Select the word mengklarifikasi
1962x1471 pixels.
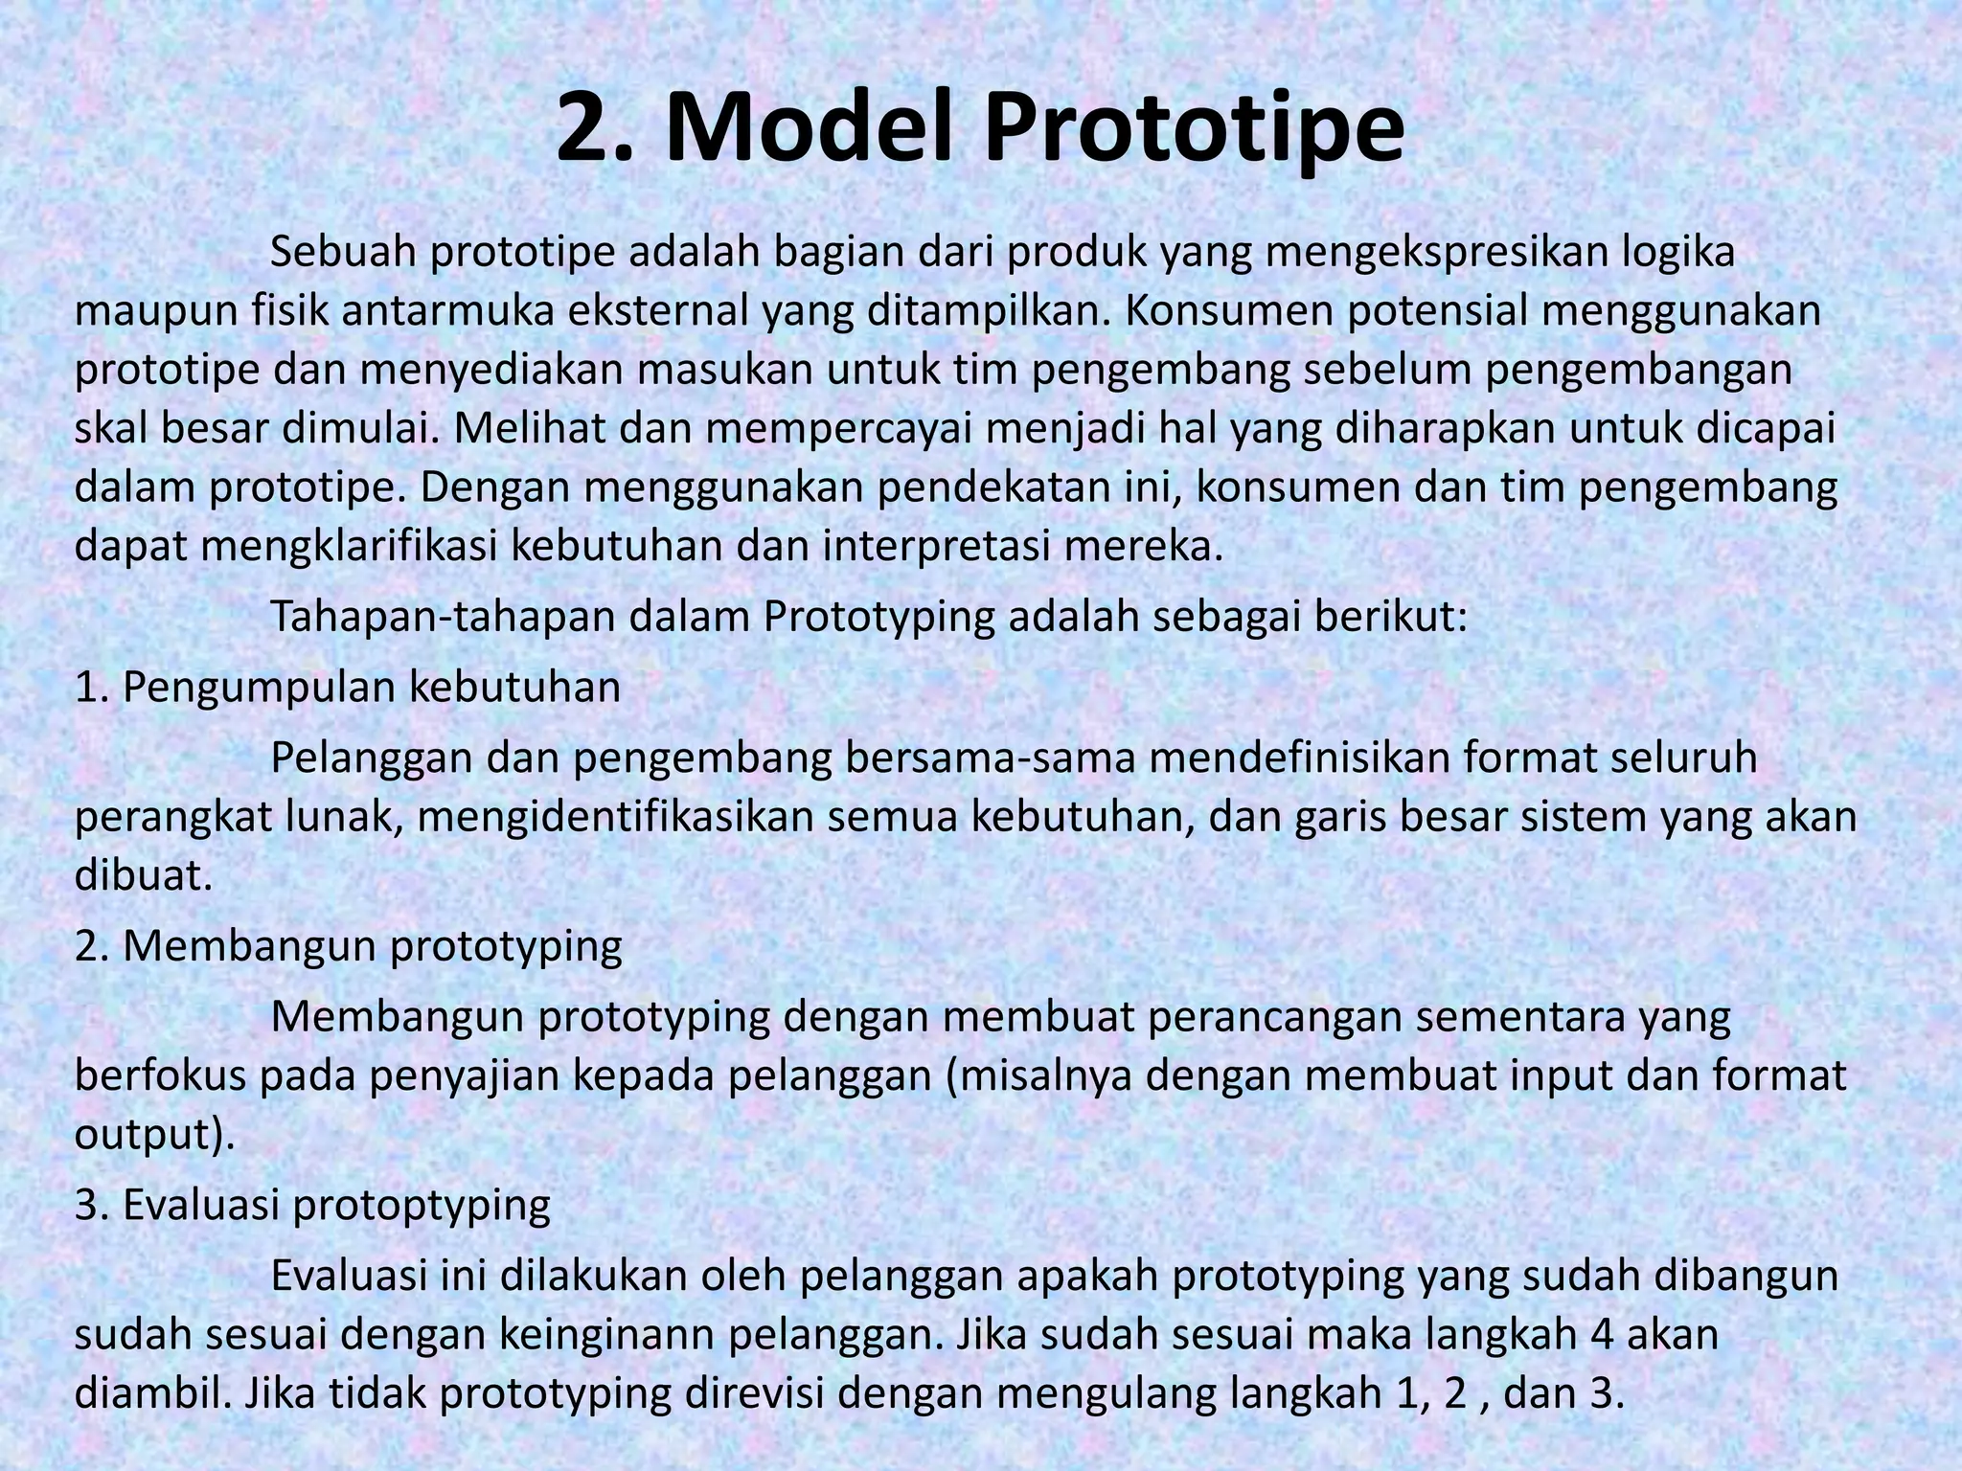[x=350, y=547]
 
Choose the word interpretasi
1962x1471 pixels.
[x=947, y=547]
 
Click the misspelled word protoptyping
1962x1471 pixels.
[x=422, y=1206]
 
